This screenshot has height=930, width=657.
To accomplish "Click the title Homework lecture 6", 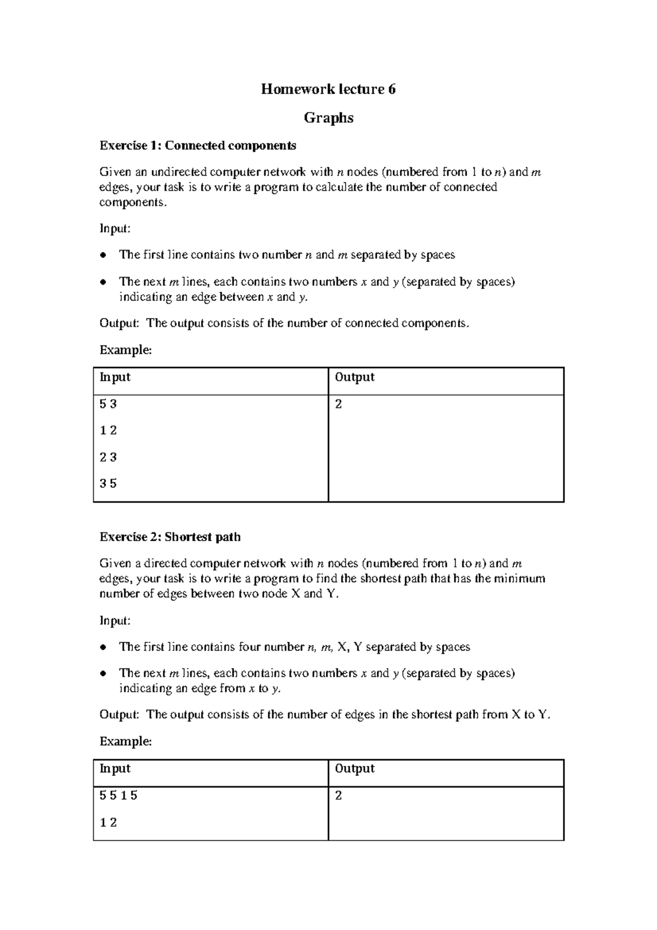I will pyautogui.click(x=328, y=89).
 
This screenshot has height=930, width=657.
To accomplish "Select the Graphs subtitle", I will pyautogui.click(x=328, y=118).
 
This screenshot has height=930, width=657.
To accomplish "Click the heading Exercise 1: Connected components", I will pyautogui.click(x=198, y=146).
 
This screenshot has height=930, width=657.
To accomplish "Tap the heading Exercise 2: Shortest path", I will pyautogui.click(x=170, y=537).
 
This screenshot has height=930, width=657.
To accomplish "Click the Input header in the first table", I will pyautogui.click(x=115, y=377).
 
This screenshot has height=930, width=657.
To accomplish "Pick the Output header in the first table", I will pyautogui.click(x=354, y=377).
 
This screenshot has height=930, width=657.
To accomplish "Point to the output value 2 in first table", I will pyautogui.click(x=338, y=405).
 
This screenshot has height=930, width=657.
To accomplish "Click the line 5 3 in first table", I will pyautogui.click(x=108, y=405).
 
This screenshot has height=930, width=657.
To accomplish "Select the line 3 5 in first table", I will pyautogui.click(x=108, y=484).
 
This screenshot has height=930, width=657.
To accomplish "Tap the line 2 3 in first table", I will pyautogui.click(x=108, y=457).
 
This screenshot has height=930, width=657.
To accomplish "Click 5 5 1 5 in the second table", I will pyautogui.click(x=118, y=796).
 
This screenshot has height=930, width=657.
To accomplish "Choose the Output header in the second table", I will pyautogui.click(x=354, y=769).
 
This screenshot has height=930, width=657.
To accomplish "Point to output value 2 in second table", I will pyautogui.click(x=338, y=796).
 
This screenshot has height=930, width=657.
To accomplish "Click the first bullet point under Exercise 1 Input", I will pyautogui.click(x=102, y=256).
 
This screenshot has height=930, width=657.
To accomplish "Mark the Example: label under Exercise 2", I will pyautogui.click(x=125, y=742).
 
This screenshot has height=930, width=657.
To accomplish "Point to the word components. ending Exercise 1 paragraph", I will pyautogui.click(x=132, y=203).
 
